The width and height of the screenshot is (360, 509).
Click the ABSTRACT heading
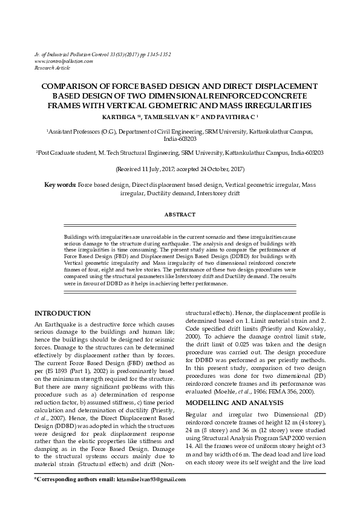click(180, 215)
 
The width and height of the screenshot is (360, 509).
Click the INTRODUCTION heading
click(63, 313)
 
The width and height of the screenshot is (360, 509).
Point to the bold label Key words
click(60, 183)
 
